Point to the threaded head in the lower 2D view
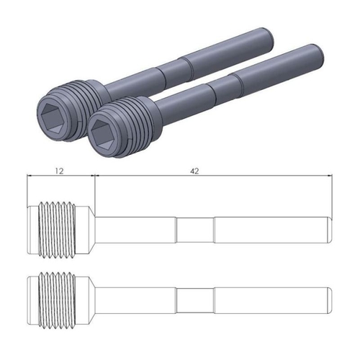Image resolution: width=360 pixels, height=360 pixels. pyautogui.click(x=58, y=297)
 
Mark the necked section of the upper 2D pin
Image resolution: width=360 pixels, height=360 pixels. pyautogui.click(x=195, y=230)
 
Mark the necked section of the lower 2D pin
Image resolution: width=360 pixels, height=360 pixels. pyautogui.click(x=195, y=298)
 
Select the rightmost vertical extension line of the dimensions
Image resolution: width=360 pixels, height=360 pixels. pyautogui.click(x=333, y=194)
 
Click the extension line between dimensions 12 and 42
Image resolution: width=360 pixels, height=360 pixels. pyautogui.click(x=95, y=191)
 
